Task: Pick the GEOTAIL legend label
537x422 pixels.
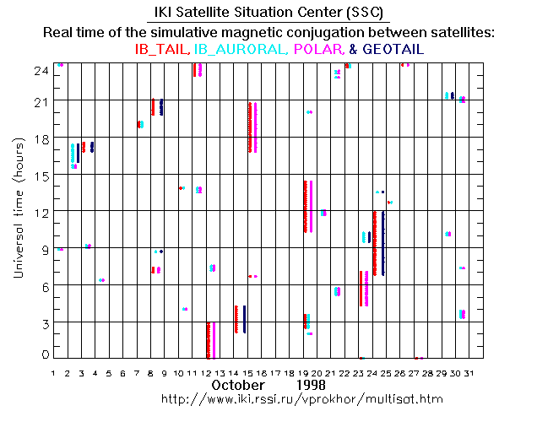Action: tap(392, 50)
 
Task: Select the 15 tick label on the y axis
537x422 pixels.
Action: tap(40, 175)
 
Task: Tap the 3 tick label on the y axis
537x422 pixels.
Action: tap(43, 322)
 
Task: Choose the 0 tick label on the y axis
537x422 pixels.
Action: tap(43, 354)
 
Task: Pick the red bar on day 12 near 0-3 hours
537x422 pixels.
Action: tap(208, 339)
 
